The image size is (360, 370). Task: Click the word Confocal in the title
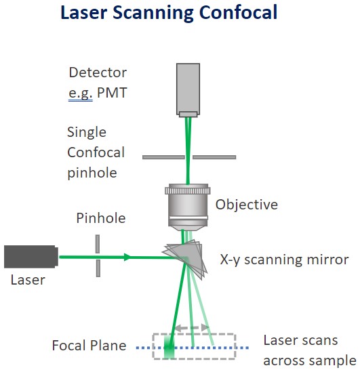[x=238, y=12]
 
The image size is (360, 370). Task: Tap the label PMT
[x=112, y=92]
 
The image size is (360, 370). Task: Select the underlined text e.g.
[x=80, y=94]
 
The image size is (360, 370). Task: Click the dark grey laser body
[x=31, y=257]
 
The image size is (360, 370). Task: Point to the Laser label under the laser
[x=28, y=280]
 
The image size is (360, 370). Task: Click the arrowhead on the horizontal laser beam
[x=127, y=257]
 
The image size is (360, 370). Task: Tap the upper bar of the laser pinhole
[x=98, y=244]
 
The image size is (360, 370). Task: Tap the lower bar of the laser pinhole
[x=98, y=268]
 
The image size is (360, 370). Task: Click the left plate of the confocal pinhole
[x=163, y=157]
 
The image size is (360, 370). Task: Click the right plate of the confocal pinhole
[x=214, y=157]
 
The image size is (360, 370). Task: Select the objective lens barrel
[x=188, y=207]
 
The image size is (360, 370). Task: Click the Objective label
[x=247, y=205]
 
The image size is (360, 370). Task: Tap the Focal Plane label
[x=89, y=346]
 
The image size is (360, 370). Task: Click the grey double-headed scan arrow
[x=192, y=327]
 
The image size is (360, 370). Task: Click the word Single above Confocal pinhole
[x=87, y=132]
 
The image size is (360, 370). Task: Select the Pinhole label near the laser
[x=101, y=218]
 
